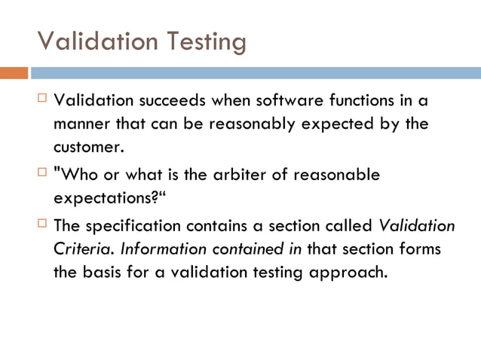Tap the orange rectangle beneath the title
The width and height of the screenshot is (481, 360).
pos(14,73)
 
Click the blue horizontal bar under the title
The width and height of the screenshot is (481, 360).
pos(256,73)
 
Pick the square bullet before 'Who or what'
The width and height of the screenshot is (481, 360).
pos(42,174)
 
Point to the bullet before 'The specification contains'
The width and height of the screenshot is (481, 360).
pos(42,224)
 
